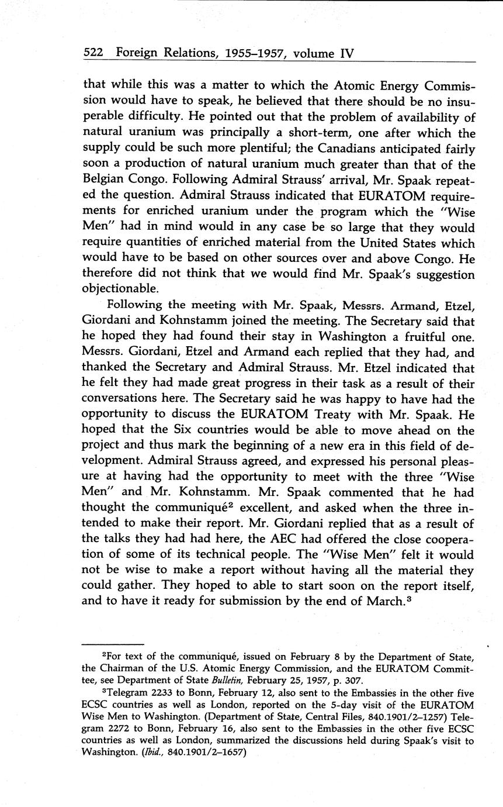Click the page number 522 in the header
tap(93, 53)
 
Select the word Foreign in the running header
tap(137, 54)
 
